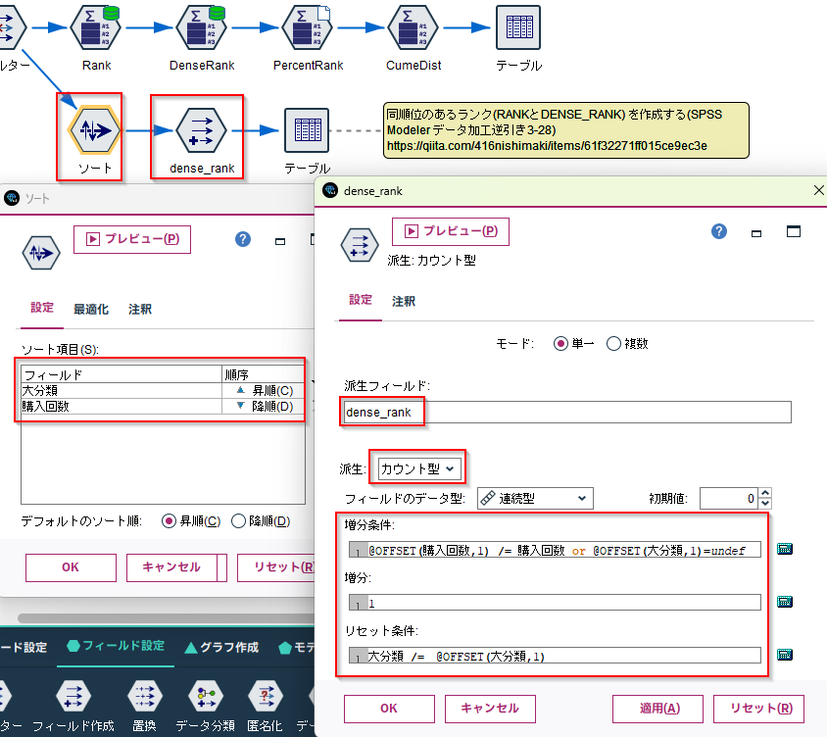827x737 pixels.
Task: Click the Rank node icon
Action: pos(96,27)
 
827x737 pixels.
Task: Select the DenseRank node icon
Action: pos(202,27)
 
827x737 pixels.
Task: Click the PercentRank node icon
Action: pos(307,27)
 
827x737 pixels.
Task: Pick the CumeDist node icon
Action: pos(413,27)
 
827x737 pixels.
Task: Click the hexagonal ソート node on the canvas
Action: pos(94,130)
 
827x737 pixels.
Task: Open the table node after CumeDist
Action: pos(518,27)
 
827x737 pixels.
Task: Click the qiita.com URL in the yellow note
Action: pos(547,146)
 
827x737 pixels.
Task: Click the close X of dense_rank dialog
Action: pos(818,190)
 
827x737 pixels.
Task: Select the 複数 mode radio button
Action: pos(613,344)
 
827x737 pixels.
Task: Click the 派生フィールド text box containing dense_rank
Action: pos(567,412)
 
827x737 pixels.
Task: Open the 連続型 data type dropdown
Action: pos(535,498)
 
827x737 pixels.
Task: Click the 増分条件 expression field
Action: pos(555,550)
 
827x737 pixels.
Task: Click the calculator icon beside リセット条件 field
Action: pos(785,655)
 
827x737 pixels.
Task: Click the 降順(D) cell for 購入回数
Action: pos(264,406)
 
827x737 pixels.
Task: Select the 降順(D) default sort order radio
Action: pos(238,521)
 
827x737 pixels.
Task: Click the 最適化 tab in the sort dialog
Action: pos(91,309)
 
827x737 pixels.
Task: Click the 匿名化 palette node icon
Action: pos(265,696)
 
